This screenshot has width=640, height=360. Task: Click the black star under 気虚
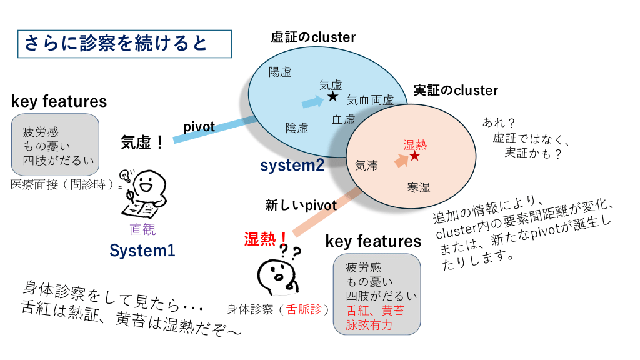point(332,97)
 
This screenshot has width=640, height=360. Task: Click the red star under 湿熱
point(414,156)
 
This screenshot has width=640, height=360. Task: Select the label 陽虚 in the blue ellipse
point(280,71)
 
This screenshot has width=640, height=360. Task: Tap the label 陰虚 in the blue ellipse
point(297,128)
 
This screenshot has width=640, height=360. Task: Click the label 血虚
point(344,119)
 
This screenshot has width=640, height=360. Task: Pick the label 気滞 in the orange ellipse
point(366,166)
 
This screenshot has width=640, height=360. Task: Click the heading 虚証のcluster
point(312,37)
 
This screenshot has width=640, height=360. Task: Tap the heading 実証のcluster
point(456,91)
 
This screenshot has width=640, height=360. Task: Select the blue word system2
point(292,166)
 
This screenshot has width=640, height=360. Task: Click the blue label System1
point(142,251)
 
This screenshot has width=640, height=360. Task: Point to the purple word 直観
point(142,229)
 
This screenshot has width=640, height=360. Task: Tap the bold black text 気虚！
point(142,142)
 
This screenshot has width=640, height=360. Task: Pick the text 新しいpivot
point(301,205)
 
